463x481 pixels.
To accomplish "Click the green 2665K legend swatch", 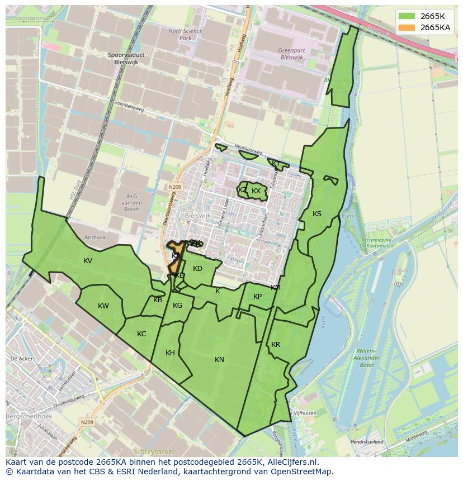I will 407,16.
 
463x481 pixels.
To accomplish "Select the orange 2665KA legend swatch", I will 407,27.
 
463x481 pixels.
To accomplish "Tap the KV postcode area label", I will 88,261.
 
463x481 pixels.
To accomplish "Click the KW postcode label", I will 103,306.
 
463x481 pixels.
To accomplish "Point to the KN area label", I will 219,360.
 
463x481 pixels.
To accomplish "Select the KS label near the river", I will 317,214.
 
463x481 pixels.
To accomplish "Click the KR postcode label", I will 276,345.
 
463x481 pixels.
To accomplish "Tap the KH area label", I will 171,353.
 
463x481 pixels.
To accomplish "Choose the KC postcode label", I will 141,334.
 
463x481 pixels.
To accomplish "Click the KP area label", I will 257,297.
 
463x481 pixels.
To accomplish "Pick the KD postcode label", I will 197,269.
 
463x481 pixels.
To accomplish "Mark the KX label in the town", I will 256,191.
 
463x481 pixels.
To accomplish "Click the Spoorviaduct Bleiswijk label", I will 126,59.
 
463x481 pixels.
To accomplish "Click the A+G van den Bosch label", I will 131,202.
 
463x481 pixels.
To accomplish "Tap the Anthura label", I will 95,237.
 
